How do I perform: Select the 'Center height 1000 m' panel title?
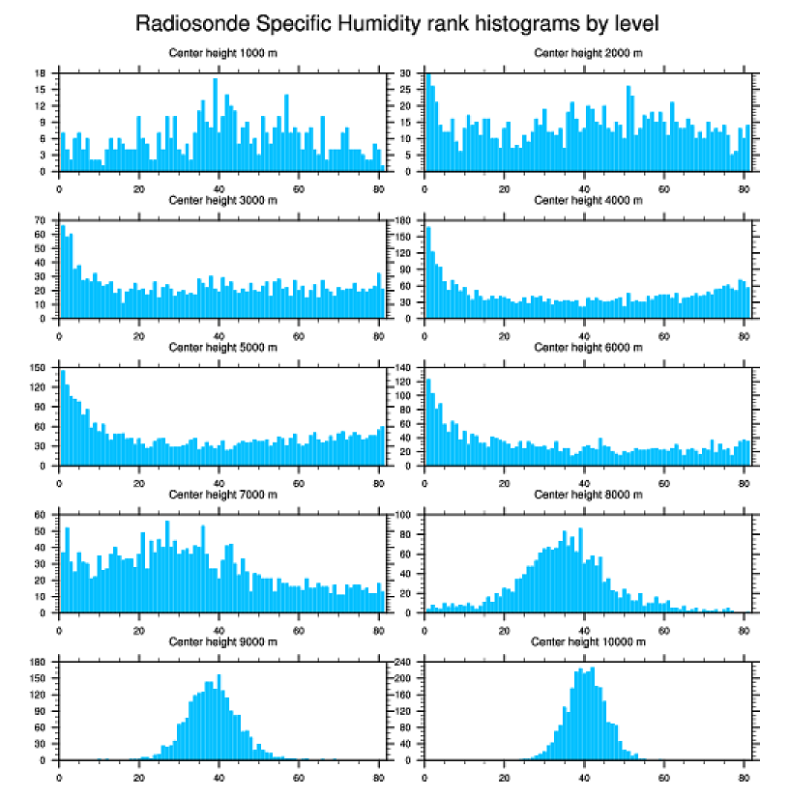tap(221, 52)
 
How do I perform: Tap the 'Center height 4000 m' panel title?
tap(587, 200)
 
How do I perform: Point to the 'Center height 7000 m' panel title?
tap(221, 495)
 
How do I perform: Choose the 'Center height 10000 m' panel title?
tap(587, 641)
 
